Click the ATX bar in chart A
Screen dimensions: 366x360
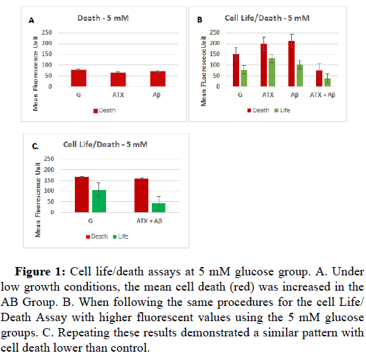[x=118, y=80]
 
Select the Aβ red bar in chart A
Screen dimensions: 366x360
[x=158, y=79]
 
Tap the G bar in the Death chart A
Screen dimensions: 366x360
[x=78, y=78]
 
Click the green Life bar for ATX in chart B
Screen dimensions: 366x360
[x=272, y=72]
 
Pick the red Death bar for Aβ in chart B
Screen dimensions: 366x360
[x=291, y=64]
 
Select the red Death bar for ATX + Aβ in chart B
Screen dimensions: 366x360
[x=319, y=78]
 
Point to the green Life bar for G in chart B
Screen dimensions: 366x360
[x=244, y=78]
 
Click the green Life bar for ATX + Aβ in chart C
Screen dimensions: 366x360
[x=159, y=208]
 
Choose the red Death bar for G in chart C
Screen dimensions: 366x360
[x=82, y=195]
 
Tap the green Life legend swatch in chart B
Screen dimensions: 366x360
[x=277, y=110]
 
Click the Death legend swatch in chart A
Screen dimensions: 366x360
[x=96, y=111]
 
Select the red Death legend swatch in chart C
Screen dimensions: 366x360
[x=88, y=237]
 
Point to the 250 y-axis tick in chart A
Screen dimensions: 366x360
[x=46, y=33]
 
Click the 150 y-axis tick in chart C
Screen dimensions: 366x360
[x=49, y=180]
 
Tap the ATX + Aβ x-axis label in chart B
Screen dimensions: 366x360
[x=322, y=95]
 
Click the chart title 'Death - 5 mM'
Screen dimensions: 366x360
[x=103, y=18]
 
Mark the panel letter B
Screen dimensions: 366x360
[x=200, y=20]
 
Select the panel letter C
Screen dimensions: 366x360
[x=35, y=146]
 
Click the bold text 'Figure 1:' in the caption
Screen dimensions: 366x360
[x=40, y=272]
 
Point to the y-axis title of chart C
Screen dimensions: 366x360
[x=38, y=200]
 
